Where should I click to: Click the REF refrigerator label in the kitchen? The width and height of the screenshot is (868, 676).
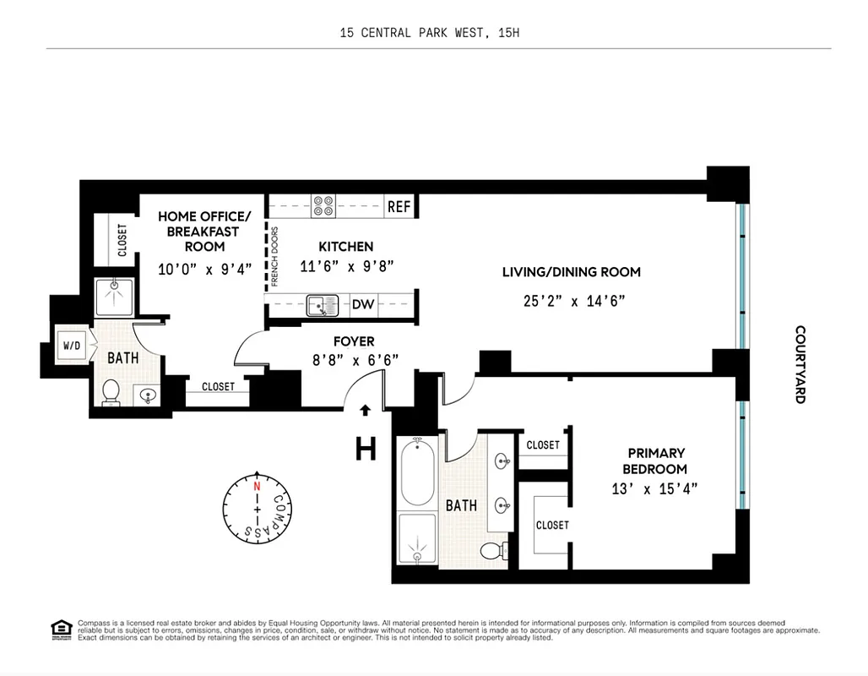pyautogui.click(x=398, y=206)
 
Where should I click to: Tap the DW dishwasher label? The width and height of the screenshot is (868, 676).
pyautogui.click(x=362, y=304)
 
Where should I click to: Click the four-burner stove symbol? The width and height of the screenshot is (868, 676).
pyautogui.click(x=323, y=206)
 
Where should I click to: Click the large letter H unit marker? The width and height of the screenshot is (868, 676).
pyautogui.click(x=365, y=449)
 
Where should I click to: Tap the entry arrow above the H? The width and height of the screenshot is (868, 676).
pyautogui.click(x=365, y=411)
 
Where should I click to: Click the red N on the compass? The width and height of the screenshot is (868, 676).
pyautogui.click(x=258, y=487)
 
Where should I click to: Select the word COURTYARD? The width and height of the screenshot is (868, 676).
pyautogui.click(x=800, y=364)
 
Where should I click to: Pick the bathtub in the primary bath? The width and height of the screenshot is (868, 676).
pyautogui.click(x=415, y=472)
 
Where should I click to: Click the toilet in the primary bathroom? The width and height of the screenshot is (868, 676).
pyautogui.click(x=491, y=551)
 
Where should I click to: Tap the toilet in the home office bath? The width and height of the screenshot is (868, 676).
pyautogui.click(x=111, y=392)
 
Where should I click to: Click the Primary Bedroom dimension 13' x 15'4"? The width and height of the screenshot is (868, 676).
pyautogui.click(x=654, y=488)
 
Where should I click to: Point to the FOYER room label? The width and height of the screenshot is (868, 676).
pyautogui.click(x=354, y=341)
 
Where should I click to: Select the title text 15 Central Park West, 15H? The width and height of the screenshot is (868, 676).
pyautogui.click(x=434, y=33)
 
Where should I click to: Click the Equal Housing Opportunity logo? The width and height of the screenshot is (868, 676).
pyautogui.click(x=62, y=629)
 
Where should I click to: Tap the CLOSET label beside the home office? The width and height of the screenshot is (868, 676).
pyautogui.click(x=122, y=240)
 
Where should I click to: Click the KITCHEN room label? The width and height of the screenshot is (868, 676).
pyautogui.click(x=345, y=247)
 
